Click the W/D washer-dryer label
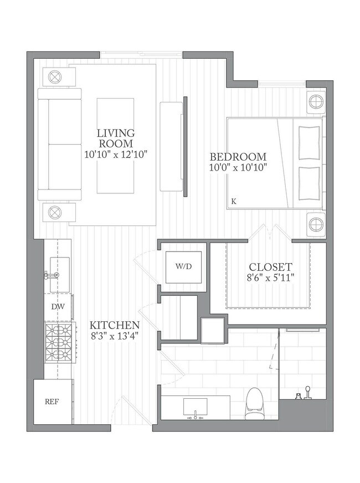pyautogui.click(x=183, y=266)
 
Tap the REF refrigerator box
pyautogui.click(x=53, y=402)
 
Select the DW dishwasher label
pyautogui.click(x=58, y=306)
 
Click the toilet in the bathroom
pyautogui.click(x=254, y=404)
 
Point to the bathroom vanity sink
pyautogui.click(x=196, y=407)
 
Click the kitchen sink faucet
pyautogui.click(x=52, y=275)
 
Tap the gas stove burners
pyautogui.click(x=59, y=342)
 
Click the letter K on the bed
pyautogui.click(x=234, y=202)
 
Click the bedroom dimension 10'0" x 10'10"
pyautogui.click(x=238, y=168)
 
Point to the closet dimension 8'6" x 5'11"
pyautogui.click(x=270, y=278)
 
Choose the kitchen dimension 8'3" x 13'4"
pyautogui.click(x=114, y=336)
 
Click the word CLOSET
pyautogui.click(x=270, y=267)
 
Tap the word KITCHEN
pyautogui.click(x=115, y=325)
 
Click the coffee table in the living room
pyautogui.click(x=116, y=146)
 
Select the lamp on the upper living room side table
pyautogui.click(x=55, y=76)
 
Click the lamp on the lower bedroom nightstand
pyautogui.click(x=316, y=224)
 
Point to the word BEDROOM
pyautogui.click(x=238, y=157)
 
